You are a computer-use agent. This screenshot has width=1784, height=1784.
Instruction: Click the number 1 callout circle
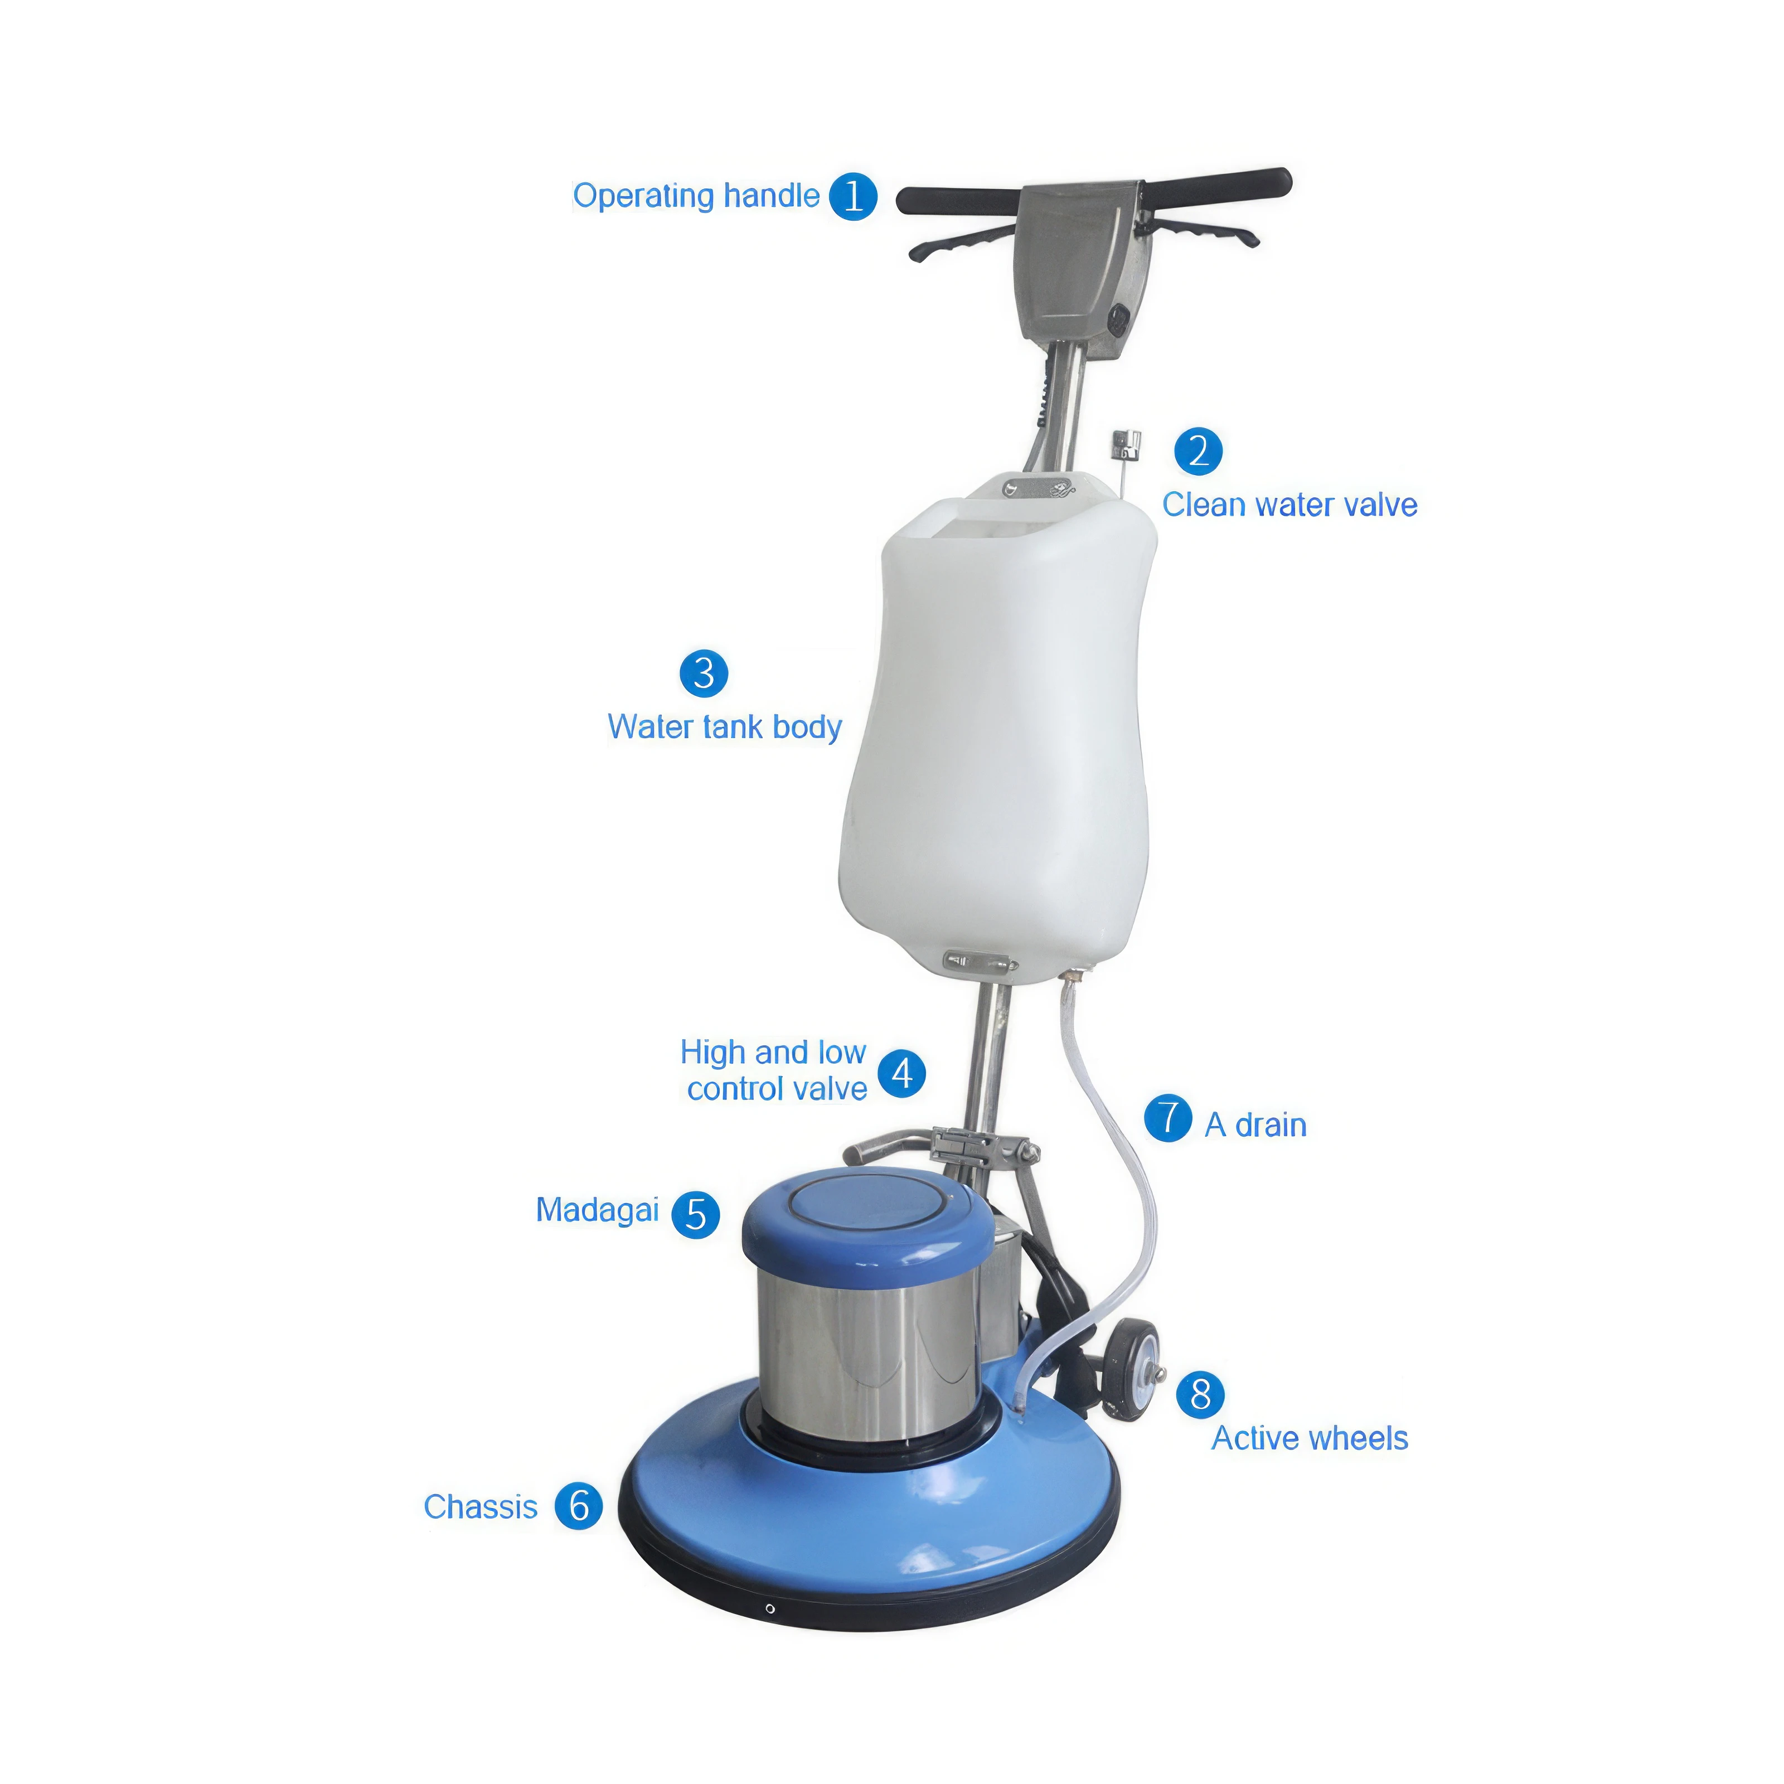(852, 197)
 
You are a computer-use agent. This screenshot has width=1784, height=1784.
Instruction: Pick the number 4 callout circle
(901, 1073)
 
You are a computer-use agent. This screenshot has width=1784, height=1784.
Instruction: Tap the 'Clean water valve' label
(1289, 505)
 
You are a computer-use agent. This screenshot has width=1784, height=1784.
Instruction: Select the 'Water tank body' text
(724, 728)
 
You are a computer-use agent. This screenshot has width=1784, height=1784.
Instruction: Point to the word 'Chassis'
(480, 1507)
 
